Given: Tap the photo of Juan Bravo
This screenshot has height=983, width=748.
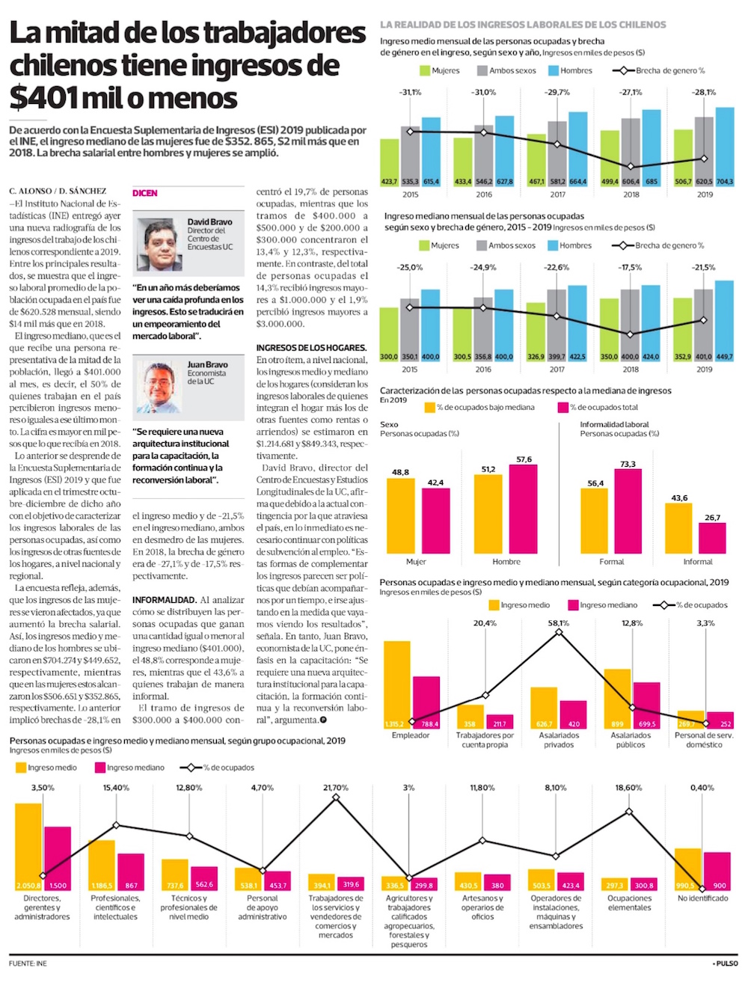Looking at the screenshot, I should click(x=159, y=388).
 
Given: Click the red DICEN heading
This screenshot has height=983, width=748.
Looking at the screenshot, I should click(x=145, y=193).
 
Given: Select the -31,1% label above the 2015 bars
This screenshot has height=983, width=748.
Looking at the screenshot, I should click(x=411, y=93).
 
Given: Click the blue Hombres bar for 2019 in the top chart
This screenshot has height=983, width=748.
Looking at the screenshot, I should click(x=725, y=146).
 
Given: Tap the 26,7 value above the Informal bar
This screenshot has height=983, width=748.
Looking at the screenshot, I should click(x=712, y=518).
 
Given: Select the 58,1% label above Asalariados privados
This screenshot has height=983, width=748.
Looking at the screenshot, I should click(x=559, y=622).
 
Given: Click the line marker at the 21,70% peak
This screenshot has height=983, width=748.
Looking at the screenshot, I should click(x=336, y=797).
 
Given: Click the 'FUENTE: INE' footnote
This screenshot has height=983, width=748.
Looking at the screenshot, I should click(x=28, y=964).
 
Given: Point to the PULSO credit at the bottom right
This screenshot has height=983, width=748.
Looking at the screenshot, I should click(x=725, y=964).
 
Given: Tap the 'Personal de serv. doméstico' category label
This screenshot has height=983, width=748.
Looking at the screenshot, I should click(x=704, y=740).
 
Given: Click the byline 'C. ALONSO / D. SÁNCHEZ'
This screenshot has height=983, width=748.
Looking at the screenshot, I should click(x=58, y=191).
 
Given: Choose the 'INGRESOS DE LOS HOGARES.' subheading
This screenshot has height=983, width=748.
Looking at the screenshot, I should click(x=311, y=348).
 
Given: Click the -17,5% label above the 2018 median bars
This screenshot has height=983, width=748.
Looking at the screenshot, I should click(x=631, y=267).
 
